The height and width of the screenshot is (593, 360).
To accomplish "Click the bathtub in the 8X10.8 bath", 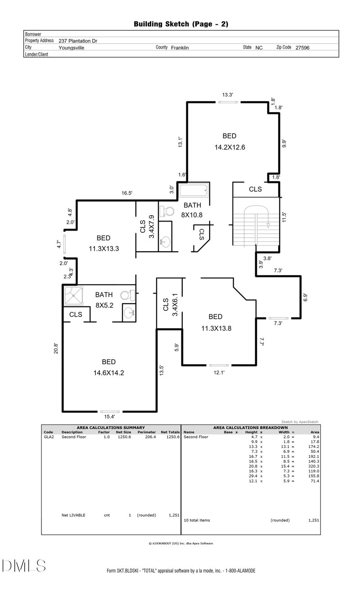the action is point(194,190).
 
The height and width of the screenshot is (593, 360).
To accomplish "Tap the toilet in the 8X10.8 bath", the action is point(167,212).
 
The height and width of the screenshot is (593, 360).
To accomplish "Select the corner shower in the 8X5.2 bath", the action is point(73,295).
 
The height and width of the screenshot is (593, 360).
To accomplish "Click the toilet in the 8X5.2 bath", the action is point(127,295).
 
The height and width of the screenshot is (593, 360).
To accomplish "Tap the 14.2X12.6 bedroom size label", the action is point(229,147).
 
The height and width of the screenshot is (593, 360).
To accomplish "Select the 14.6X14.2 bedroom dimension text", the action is point(108,373).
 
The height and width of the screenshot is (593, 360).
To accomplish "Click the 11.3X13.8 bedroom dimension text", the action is point(216,328).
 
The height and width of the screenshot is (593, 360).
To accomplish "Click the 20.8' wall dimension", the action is point(56,349).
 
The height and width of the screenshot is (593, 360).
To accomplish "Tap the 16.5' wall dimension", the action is point(127,193).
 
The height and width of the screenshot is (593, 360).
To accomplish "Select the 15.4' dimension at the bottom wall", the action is point(109,416).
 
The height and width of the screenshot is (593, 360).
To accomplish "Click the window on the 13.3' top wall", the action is point(228,102).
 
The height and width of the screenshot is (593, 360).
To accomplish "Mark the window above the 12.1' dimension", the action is point(219,365).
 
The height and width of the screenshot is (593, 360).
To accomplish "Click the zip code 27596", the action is point(302,48).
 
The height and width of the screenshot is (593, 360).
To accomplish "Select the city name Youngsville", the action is point(72,48).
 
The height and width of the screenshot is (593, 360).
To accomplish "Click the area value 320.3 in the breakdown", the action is point(314,466).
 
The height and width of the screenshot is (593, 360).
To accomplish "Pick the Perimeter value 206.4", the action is point(150,437).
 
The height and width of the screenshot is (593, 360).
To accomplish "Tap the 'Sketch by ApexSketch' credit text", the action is point(300,422).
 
